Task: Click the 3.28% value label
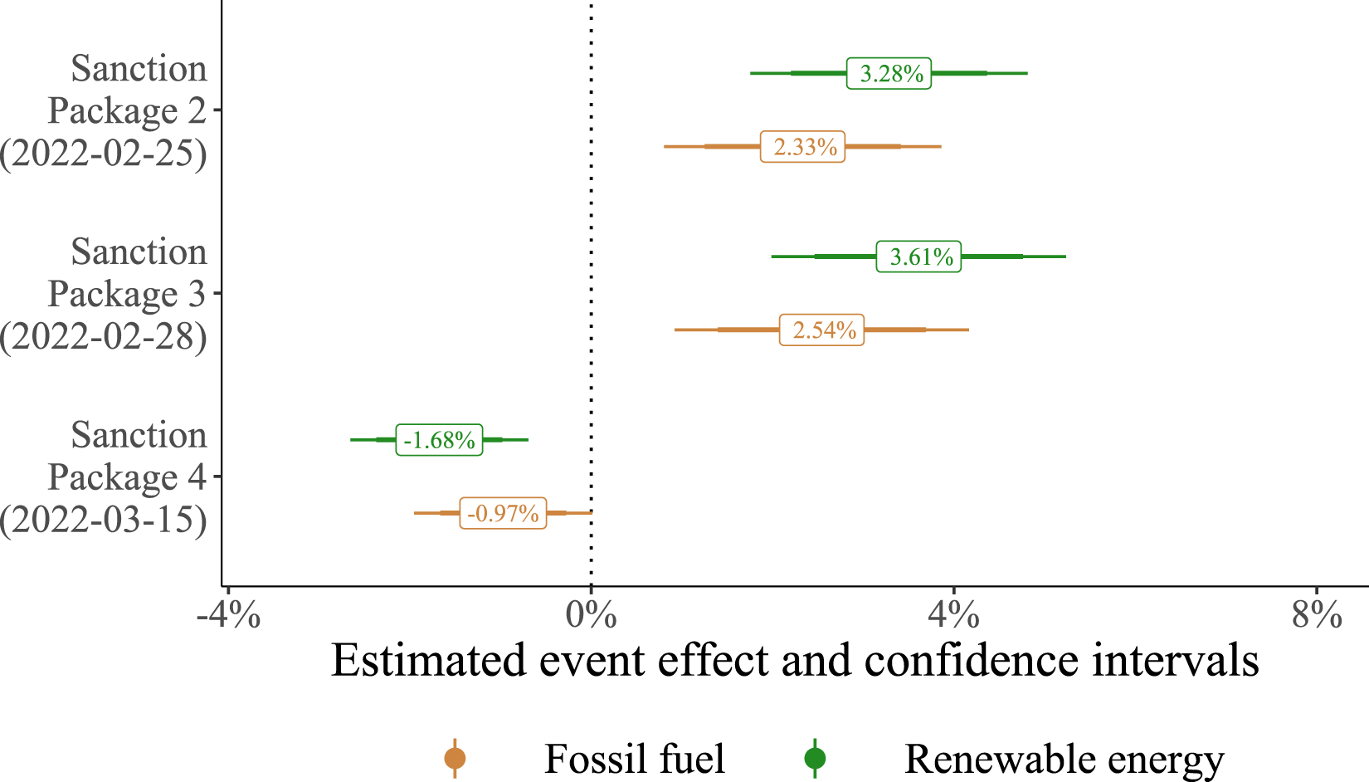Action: (x=889, y=73)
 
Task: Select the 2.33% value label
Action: (x=802, y=147)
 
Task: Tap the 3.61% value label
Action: (x=918, y=257)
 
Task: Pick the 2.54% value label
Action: (x=821, y=330)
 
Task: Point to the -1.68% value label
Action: (x=439, y=439)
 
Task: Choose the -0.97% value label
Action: (x=503, y=513)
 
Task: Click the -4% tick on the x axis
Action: (x=228, y=616)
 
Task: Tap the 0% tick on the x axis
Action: (x=591, y=616)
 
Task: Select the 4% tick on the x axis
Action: (x=953, y=616)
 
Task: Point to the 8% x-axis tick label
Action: (x=1316, y=616)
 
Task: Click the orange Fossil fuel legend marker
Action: (x=455, y=758)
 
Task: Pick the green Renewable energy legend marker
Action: (x=815, y=758)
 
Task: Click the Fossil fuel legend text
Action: (x=634, y=759)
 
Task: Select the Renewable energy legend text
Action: (x=1064, y=759)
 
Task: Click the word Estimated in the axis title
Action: (x=429, y=661)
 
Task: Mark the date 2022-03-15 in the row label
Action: (x=104, y=520)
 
